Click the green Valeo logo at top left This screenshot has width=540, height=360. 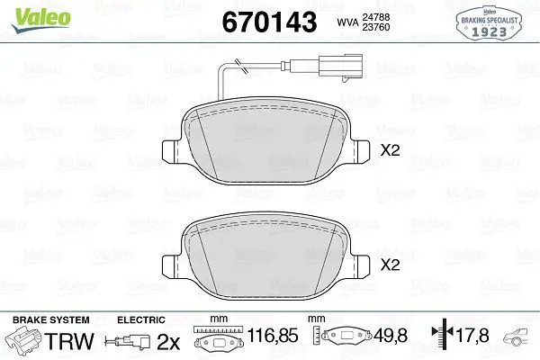pyautogui.click(x=40, y=19)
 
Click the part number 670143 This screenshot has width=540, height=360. pyautogui.click(x=269, y=22)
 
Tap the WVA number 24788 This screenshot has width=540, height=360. pyautogui.click(x=375, y=17)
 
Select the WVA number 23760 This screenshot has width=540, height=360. pyautogui.click(x=375, y=27)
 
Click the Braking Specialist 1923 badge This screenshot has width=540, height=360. pyautogui.click(x=489, y=23)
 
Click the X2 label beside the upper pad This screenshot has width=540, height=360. pyautogui.click(x=391, y=150)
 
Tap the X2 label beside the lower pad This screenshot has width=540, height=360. pyautogui.click(x=391, y=265)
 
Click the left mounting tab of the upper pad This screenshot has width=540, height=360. pyautogui.click(x=170, y=151)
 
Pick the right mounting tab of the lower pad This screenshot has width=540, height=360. pyautogui.click(x=361, y=266)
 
